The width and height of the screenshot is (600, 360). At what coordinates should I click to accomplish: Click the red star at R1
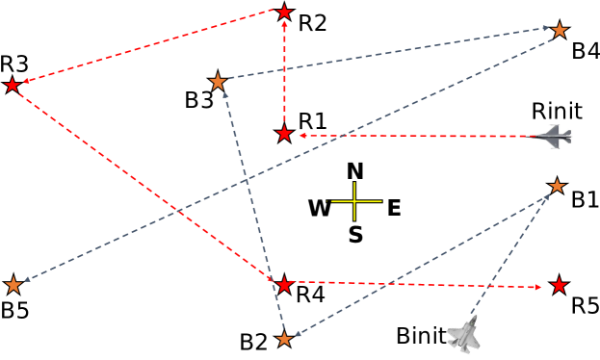pyautogui.click(x=284, y=134)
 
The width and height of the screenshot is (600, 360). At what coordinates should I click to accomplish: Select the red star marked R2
pyautogui.click(x=284, y=13)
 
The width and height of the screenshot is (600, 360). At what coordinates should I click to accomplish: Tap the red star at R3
pyautogui.click(x=13, y=86)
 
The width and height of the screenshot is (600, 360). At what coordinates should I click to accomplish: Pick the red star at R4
pyautogui.click(x=284, y=284)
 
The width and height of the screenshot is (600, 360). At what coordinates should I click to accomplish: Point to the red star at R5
pyautogui.click(x=559, y=285)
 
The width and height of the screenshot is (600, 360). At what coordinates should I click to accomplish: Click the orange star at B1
pyautogui.click(x=556, y=186)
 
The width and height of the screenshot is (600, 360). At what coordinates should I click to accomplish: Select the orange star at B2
pyautogui.click(x=284, y=339)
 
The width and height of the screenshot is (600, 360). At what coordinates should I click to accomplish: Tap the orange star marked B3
pyautogui.click(x=218, y=81)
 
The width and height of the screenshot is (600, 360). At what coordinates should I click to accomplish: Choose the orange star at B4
pyautogui.click(x=560, y=30)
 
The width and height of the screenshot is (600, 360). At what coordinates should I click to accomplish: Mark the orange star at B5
pyautogui.click(x=13, y=285)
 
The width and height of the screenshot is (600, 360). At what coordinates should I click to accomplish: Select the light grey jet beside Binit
pyautogui.click(x=465, y=334)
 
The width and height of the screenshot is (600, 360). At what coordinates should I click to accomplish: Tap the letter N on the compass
pyautogui.click(x=354, y=171)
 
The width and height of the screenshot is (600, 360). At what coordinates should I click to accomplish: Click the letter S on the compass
pyautogui.click(x=355, y=235)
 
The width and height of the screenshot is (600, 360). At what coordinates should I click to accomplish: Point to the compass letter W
pyautogui.click(x=320, y=208)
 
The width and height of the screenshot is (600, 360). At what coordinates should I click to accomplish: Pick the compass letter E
pyautogui.click(x=393, y=208)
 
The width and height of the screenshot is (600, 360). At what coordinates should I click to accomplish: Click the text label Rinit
pyautogui.click(x=557, y=111)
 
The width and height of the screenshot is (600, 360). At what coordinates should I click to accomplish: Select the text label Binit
pyautogui.click(x=421, y=336)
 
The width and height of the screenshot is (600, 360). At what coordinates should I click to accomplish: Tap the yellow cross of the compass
pyautogui.click(x=355, y=202)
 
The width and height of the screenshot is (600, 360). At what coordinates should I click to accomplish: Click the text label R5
pyautogui.click(x=585, y=306)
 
